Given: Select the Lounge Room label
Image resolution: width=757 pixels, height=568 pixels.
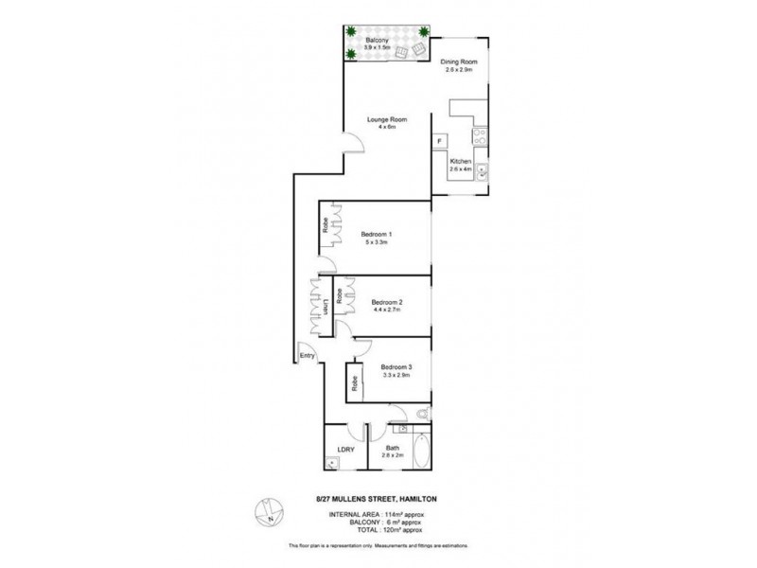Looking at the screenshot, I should tap(388, 118).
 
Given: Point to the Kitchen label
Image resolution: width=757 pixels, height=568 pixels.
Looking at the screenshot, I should tap(460, 161).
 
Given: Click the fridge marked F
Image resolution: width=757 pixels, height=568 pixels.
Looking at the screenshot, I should tap(440, 142).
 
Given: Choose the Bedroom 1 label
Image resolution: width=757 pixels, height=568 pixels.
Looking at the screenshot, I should tap(376, 234).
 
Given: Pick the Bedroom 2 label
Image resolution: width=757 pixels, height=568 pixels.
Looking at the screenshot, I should tap(386, 302).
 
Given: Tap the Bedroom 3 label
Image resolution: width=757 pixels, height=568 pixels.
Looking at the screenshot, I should tap(396, 366).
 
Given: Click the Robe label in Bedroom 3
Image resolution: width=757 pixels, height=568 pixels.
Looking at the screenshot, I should tap(355, 383).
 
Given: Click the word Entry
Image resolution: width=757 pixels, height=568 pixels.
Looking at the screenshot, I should tap(307, 356).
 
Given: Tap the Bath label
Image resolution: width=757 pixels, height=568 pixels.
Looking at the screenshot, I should tap(392, 448).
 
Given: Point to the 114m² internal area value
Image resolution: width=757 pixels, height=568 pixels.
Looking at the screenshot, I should tap(397, 514).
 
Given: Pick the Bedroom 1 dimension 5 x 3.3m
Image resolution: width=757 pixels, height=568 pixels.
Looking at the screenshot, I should tap(376, 243).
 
